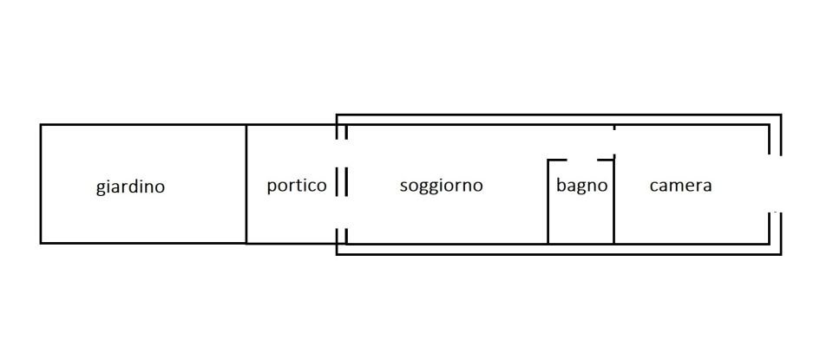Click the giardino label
coord(130,187)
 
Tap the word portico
coord(297,186)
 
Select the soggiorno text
coord(441,186)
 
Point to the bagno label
coord(581,186)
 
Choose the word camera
coord(680,186)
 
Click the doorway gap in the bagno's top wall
coord(581,160)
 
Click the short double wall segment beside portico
coord(342,184)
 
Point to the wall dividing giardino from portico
coord(246,184)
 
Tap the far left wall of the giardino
coord(41,184)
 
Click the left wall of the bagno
coord(548,201)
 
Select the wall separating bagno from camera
coord(614,201)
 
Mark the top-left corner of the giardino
coord(41,125)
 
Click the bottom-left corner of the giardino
coord(41,243)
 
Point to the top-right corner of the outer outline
coord(781,115)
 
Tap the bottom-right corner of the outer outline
coord(781,254)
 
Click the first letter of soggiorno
coord(403,187)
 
